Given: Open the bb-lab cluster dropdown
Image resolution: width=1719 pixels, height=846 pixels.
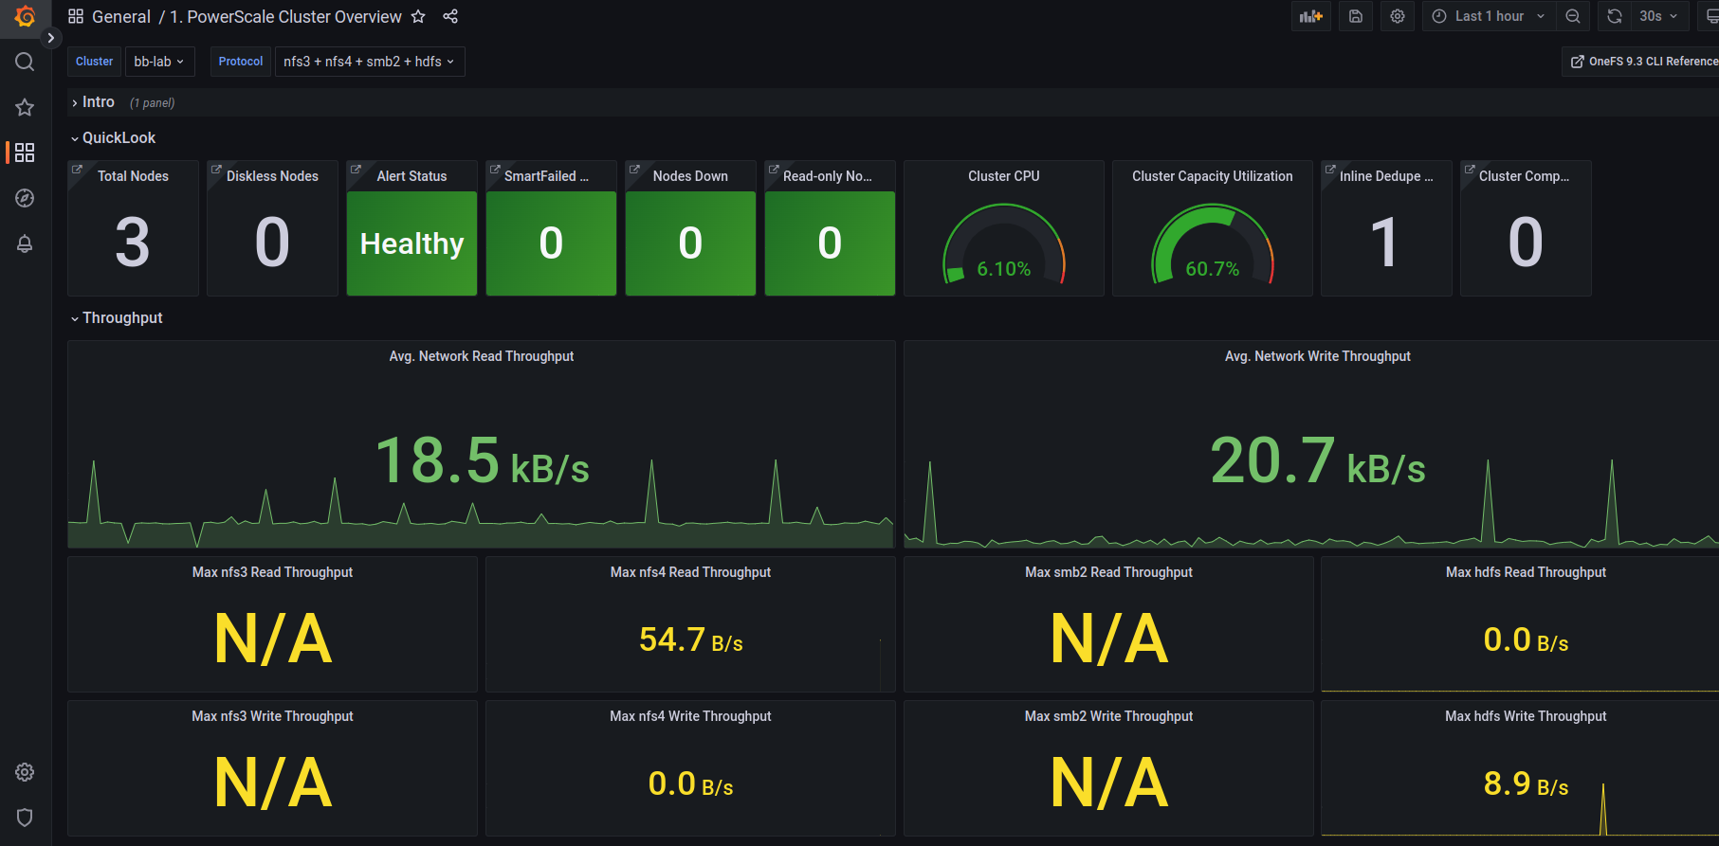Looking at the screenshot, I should pyautogui.click(x=158, y=62).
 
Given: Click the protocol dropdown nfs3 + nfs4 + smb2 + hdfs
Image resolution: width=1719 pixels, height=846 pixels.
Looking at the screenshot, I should pyautogui.click(x=369, y=62).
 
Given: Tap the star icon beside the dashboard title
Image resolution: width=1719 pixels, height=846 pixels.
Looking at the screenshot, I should pyautogui.click(x=418, y=17).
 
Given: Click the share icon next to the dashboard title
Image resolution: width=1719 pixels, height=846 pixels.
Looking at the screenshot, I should pyautogui.click(x=450, y=17).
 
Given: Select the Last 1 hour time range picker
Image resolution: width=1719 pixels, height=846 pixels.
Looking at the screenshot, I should pyautogui.click(x=1489, y=16).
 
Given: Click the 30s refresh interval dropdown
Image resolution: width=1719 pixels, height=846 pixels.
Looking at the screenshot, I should pyautogui.click(x=1657, y=16).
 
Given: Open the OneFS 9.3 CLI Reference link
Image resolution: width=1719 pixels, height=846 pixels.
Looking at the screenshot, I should pyautogui.click(x=1644, y=62).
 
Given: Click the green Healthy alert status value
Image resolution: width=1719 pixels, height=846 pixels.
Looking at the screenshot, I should pyautogui.click(x=411, y=243).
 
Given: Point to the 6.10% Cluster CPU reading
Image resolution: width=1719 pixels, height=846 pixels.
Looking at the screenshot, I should pyautogui.click(x=1003, y=269).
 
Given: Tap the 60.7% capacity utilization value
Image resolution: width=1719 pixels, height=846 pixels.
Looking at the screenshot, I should pyautogui.click(x=1212, y=269).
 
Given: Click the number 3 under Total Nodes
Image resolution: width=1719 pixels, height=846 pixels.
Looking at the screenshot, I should pyautogui.click(x=133, y=243).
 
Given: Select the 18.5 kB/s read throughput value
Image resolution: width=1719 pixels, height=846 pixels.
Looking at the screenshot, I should pyautogui.click(x=482, y=461).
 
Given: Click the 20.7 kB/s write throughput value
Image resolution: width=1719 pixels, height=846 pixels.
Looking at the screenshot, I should pyautogui.click(x=1317, y=461).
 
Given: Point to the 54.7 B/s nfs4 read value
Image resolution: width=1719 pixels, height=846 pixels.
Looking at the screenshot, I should pyautogui.click(x=690, y=640).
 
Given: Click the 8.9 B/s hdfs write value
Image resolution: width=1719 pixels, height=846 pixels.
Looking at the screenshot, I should pyautogui.click(x=1525, y=784).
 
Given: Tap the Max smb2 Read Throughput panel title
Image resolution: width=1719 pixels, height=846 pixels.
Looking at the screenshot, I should pyautogui.click(x=1108, y=572).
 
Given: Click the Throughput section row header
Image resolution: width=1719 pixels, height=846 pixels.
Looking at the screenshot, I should pyautogui.click(x=122, y=318).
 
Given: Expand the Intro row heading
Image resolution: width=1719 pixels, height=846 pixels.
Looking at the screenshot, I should pyautogui.click(x=98, y=102).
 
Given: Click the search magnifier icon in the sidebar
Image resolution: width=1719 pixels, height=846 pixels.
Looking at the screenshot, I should pyautogui.click(x=25, y=63).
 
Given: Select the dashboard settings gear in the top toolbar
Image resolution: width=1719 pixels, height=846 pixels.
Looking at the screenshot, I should pyautogui.click(x=1397, y=16).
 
